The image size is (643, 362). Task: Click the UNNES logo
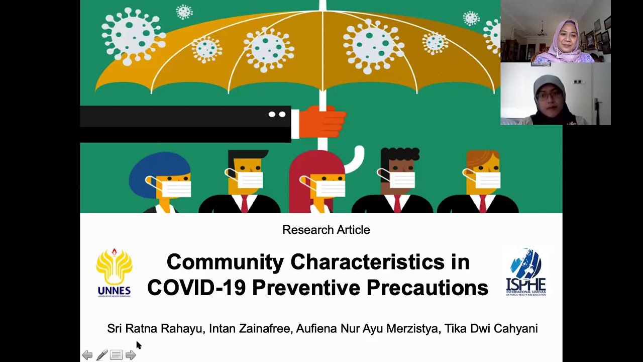point(114,273)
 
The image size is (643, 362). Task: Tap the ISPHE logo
point(525,272)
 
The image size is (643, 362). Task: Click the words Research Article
point(326,230)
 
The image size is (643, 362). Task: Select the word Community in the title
point(225,262)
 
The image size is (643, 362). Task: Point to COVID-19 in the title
point(196,288)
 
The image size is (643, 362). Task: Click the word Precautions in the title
point(427,288)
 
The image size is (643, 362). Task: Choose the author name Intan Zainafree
point(250,328)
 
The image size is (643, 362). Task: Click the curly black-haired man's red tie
point(397,204)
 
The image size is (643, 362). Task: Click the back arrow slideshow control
point(87,355)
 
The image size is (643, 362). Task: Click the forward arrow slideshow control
point(131,355)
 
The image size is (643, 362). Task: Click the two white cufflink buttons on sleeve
point(277,115)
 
